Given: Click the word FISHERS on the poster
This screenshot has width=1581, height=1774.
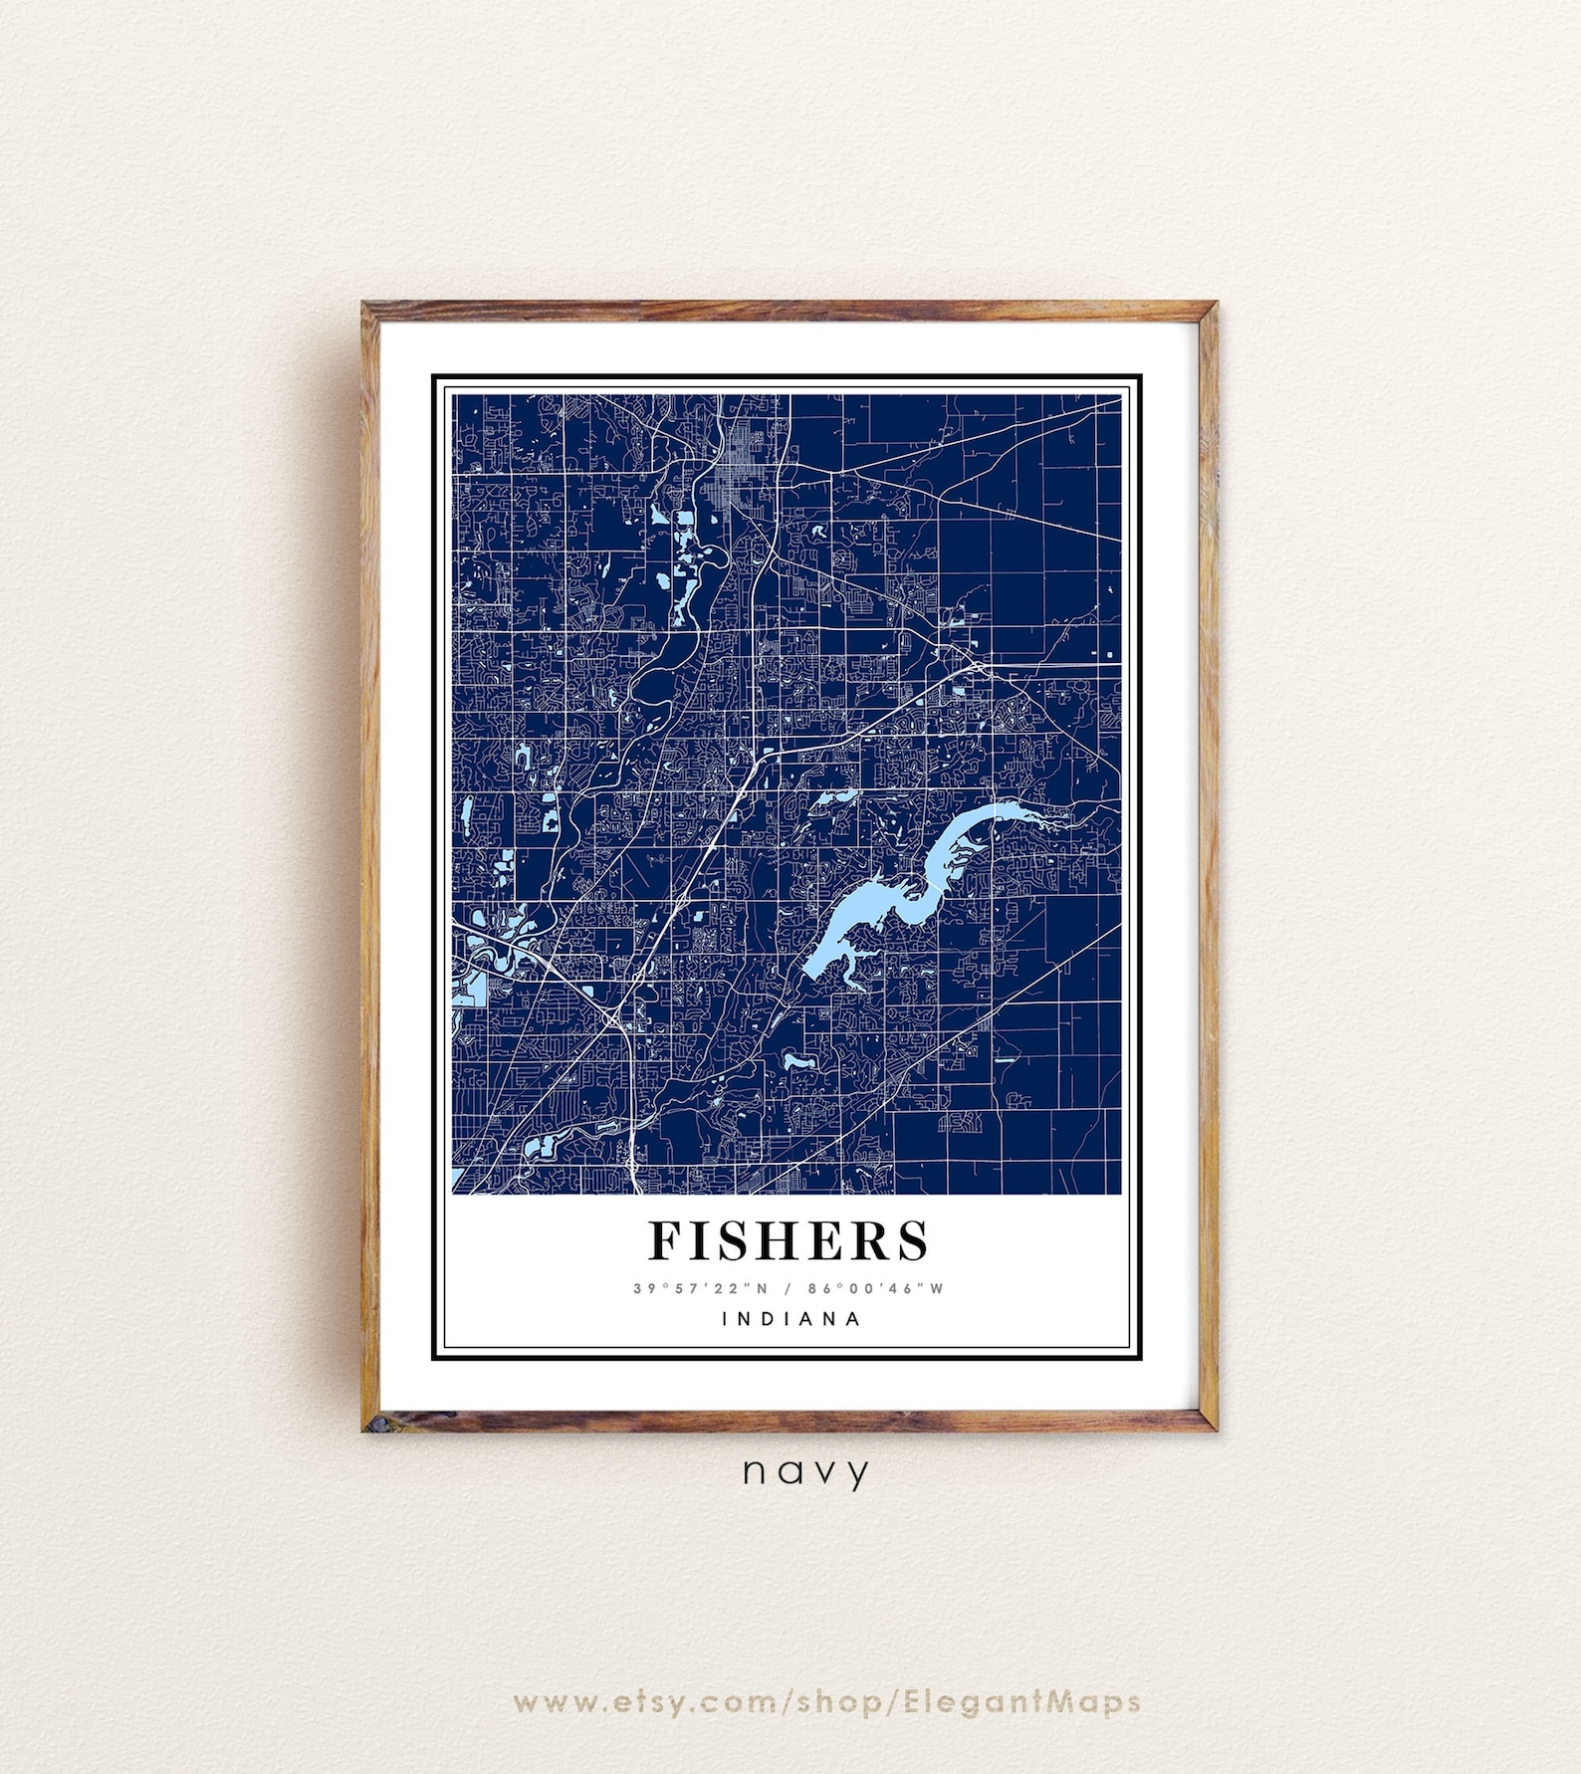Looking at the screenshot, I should click(x=789, y=1240).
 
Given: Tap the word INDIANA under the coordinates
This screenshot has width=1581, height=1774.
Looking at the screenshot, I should click(x=790, y=1319).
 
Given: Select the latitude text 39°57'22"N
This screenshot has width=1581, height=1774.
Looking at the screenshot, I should click(x=701, y=1288).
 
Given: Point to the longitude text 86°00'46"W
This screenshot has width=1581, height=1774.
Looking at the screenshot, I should click(x=875, y=1288).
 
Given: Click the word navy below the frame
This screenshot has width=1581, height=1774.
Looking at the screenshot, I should click(x=805, y=1471).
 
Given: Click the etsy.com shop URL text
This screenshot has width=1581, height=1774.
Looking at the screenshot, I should click(x=826, y=1701).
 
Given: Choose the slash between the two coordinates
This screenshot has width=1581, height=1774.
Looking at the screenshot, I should click(x=788, y=1288).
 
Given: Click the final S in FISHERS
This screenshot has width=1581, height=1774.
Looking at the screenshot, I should click(x=913, y=1240).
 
